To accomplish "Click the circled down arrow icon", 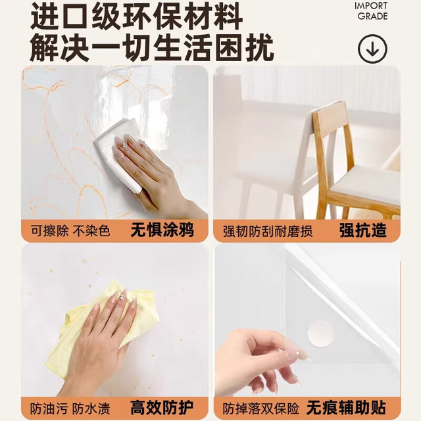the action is [x=372, y=49].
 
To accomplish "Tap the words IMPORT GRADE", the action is [x=371, y=11].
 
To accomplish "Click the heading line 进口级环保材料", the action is [x=136, y=17].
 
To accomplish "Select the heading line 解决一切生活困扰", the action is [x=152, y=48].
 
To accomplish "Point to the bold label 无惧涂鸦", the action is [x=162, y=230].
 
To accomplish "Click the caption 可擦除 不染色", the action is [x=70, y=231].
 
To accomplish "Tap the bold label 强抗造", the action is [x=363, y=230].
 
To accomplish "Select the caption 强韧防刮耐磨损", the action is [x=268, y=231].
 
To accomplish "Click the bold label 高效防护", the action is [x=162, y=408].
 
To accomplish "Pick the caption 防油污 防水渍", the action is [x=70, y=409].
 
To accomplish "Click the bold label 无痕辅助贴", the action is [x=347, y=408].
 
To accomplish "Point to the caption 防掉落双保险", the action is [x=260, y=409].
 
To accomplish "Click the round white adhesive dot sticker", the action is [x=320, y=334].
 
